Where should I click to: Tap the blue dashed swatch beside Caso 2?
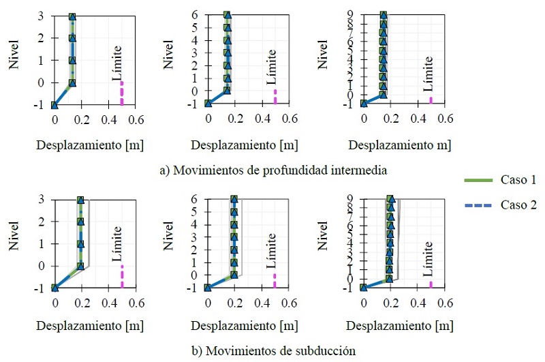click(476, 205)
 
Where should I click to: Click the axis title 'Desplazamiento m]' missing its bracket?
click(405, 145)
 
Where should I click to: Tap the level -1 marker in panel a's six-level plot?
click(208, 104)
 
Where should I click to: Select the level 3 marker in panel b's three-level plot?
click(80, 200)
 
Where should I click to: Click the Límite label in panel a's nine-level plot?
click(428, 74)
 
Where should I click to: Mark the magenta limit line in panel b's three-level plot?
click(122, 276)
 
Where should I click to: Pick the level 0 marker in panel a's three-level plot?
click(72, 83)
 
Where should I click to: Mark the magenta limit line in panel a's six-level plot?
click(275, 96)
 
